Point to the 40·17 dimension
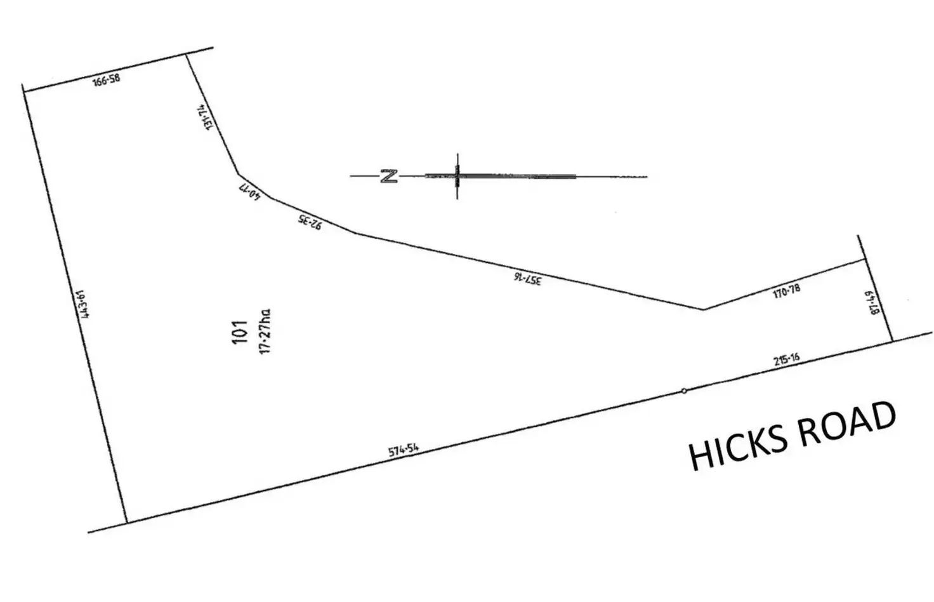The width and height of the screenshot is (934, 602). coord(251,191)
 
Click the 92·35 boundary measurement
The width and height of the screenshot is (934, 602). coord(310,222)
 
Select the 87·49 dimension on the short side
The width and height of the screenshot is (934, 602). coord(876,303)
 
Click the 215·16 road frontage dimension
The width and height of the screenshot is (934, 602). coord(786,360)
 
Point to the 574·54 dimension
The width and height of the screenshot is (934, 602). coord(404,451)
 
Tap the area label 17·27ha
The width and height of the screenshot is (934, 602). coord(265,331)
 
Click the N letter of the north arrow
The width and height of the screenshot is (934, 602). coord(389,176)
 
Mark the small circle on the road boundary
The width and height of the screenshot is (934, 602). coord(684,391)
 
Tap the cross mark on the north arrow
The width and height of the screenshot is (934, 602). coord(457,175)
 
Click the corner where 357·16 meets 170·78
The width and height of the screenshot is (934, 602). coord(704,309)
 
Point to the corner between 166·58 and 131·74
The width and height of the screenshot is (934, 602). coord(186,55)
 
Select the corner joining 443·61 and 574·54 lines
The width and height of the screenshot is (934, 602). coord(127,523)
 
